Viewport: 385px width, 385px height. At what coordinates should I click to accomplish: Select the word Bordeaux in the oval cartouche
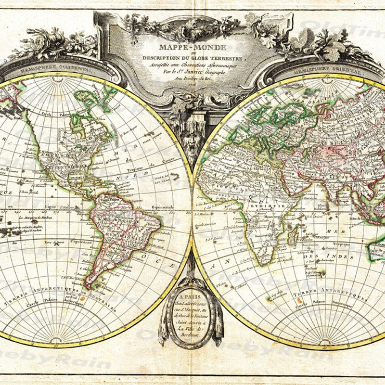[192, 334]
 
